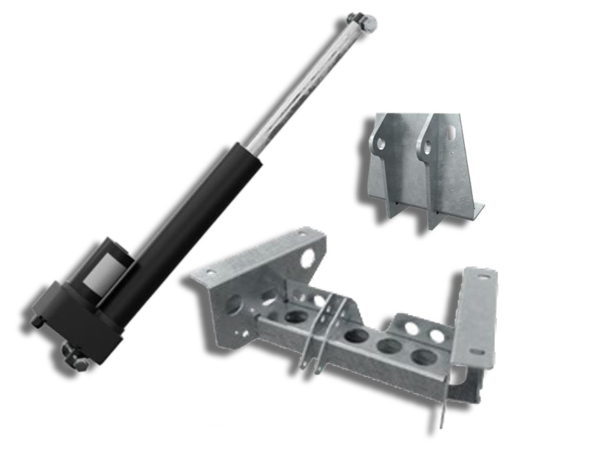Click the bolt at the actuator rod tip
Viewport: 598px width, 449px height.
point(363,21)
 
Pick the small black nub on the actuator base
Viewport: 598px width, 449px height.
point(37,321)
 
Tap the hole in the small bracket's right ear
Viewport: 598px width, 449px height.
point(428,148)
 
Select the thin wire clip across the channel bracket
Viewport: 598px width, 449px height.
point(326,331)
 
